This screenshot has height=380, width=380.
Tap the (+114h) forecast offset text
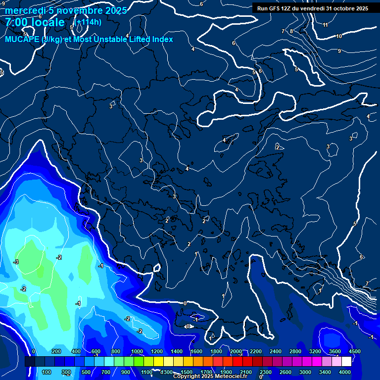pyautogui.click(x=89, y=22)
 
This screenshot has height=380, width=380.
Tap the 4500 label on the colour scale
pyautogui.click(x=354, y=351)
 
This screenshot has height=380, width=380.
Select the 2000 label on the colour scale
pyautogui.click(x=236, y=351)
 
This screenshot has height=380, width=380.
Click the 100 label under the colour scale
pyautogui.click(x=47, y=372)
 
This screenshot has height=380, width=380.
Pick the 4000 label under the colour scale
pyautogui.click(x=345, y=372)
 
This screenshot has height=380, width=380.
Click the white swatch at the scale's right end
pyautogui.click(x=346, y=362)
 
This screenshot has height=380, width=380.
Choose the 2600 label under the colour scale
pyautogui.click(x=285, y=372)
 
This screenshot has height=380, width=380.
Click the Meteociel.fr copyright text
pyautogui.click(x=210, y=377)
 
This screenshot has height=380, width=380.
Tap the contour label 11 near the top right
pyautogui.click(x=325, y=25)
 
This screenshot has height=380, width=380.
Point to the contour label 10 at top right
pyautogui.click(x=339, y=36)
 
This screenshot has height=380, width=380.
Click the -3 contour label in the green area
pyautogui.click(x=16, y=262)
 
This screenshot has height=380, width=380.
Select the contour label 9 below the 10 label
pyautogui.click(x=339, y=51)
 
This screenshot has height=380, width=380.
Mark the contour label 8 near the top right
pyautogui.click(x=291, y=31)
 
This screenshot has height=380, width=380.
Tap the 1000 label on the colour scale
pyautogui.click(x=137, y=351)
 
